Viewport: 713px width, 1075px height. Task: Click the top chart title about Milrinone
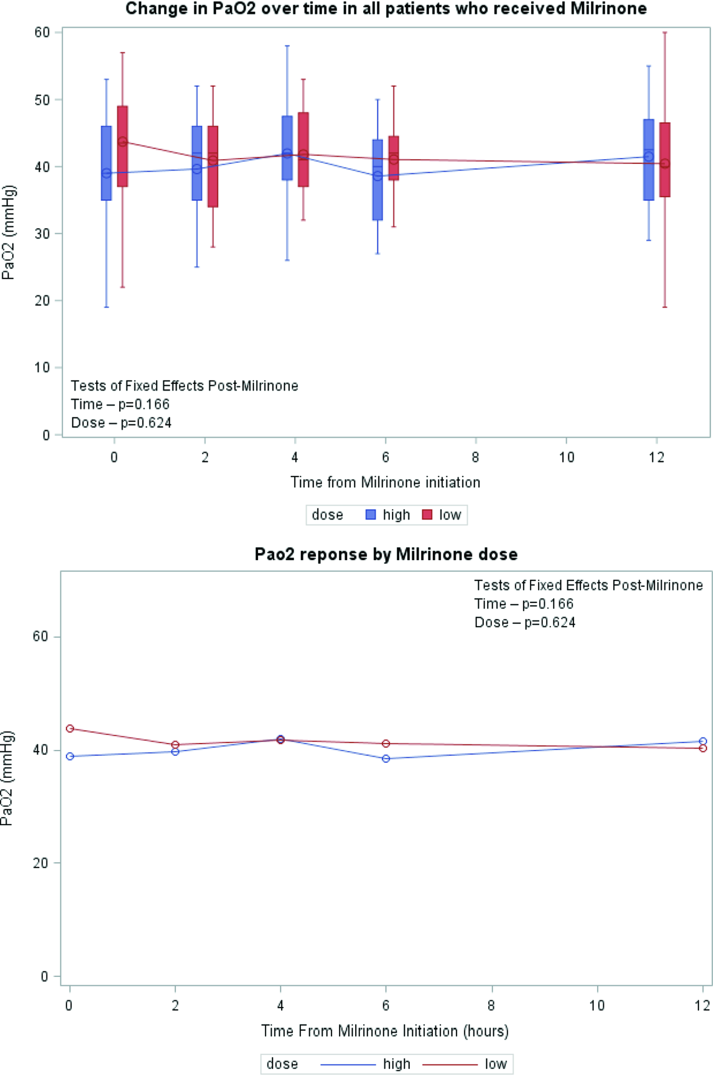coord(385,8)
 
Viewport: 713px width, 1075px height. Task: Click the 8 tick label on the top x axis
coord(475,457)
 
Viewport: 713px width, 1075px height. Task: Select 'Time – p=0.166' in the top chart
coord(120,404)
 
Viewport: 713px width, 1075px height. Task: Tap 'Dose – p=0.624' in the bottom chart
coord(524,622)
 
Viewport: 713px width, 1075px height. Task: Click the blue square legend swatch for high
coord(370,514)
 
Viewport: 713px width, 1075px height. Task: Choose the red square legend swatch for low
coord(427,514)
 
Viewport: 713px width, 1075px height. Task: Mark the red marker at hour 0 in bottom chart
coord(70,728)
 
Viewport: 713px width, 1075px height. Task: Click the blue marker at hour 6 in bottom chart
coord(386,759)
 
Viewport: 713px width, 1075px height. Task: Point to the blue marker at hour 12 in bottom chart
coord(702,741)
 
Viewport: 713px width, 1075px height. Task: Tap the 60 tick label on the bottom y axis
coord(40,637)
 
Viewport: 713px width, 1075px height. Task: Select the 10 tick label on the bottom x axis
coord(597,1006)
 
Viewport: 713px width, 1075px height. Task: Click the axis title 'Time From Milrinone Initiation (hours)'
coord(385,1031)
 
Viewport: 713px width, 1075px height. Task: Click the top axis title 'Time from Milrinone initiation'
coord(385,482)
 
